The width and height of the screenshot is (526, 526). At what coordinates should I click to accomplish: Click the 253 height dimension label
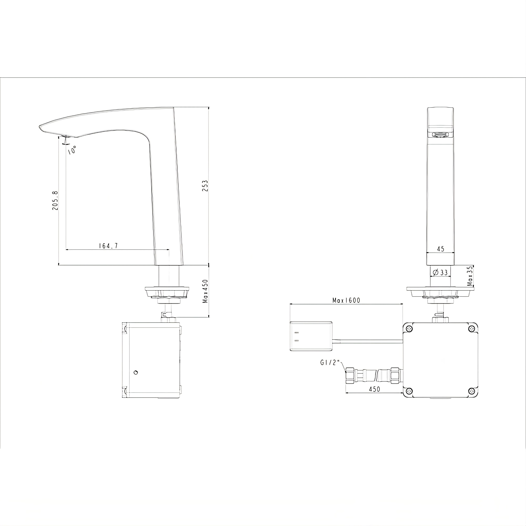point(205,186)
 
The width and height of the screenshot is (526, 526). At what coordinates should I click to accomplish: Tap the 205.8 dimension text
point(55,200)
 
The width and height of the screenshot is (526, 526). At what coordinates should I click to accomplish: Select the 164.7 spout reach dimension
point(108,246)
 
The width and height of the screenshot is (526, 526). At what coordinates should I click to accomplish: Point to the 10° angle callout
point(72,150)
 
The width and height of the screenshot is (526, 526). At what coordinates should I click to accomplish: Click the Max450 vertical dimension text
point(205,291)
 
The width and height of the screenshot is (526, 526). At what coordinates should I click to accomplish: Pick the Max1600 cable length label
point(346,300)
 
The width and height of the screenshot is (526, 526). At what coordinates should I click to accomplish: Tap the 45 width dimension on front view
point(441,249)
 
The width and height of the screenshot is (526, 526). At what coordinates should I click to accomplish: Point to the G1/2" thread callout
point(330,363)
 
